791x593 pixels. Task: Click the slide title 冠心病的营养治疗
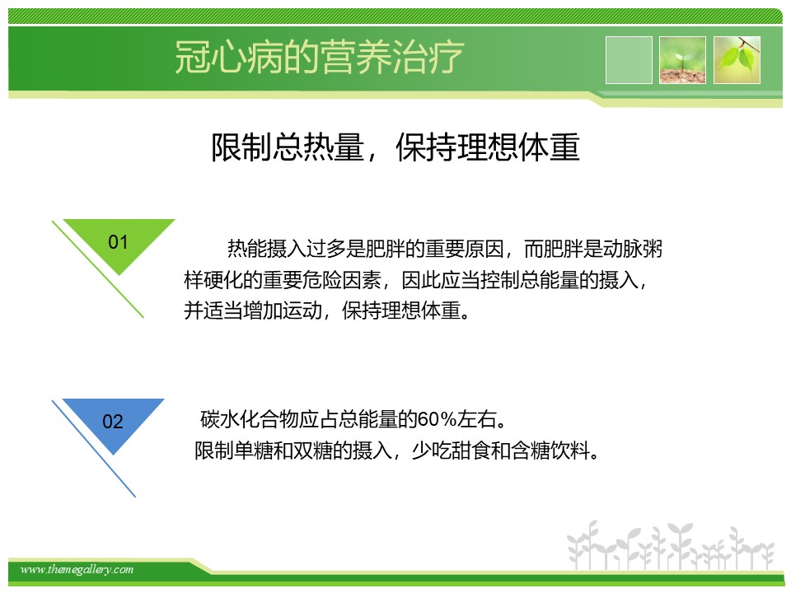pyautogui.click(x=319, y=57)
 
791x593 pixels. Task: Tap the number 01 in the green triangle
pyautogui.click(x=118, y=242)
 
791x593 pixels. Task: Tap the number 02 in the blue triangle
pyautogui.click(x=113, y=422)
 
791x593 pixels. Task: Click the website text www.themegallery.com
pyautogui.click(x=77, y=570)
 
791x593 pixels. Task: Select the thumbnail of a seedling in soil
pyautogui.click(x=682, y=60)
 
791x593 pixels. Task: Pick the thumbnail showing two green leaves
pyautogui.click(x=737, y=60)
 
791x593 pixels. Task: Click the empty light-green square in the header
pyautogui.click(x=629, y=60)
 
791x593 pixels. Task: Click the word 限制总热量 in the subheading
pyautogui.click(x=288, y=147)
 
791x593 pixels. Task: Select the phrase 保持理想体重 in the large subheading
pyautogui.click(x=488, y=147)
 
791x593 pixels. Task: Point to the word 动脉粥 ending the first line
pyautogui.click(x=633, y=249)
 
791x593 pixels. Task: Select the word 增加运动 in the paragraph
pyautogui.click(x=283, y=311)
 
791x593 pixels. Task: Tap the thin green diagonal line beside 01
pyautogui.click(x=98, y=269)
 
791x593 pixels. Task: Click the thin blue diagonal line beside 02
pyautogui.click(x=94, y=449)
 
